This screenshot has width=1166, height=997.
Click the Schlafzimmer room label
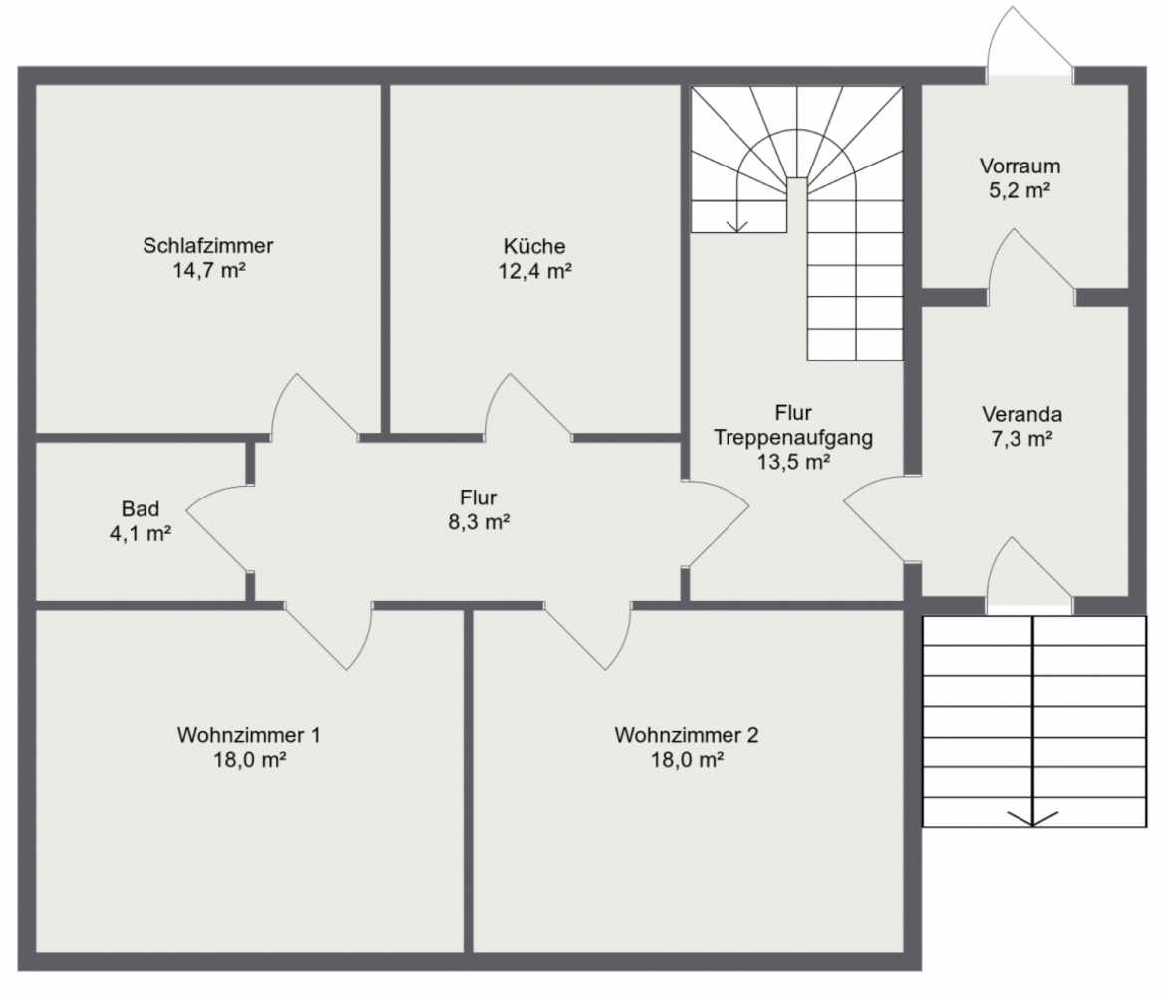click(x=208, y=245)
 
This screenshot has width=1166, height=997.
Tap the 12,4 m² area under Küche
click(x=535, y=271)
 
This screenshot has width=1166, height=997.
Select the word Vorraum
click(x=1020, y=166)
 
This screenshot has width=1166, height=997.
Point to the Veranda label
click(x=1021, y=414)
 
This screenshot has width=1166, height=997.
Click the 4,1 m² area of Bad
click(x=141, y=533)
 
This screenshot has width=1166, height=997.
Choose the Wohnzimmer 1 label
click(x=249, y=735)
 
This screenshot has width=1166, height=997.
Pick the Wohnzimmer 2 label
click(x=687, y=735)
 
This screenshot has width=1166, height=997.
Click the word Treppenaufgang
click(x=793, y=437)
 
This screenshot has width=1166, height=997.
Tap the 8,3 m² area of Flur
click(x=479, y=522)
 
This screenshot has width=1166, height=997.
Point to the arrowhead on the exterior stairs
click(x=1032, y=819)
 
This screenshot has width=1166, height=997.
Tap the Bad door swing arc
click(x=208, y=493)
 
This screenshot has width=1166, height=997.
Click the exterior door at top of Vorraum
click(x=1029, y=41)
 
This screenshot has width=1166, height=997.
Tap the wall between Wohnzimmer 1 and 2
click(x=469, y=782)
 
